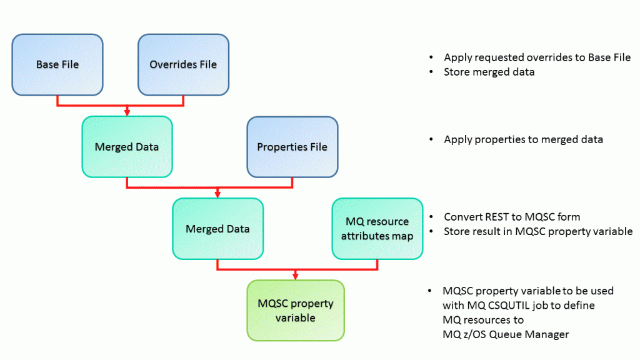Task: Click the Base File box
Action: click(x=57, y=64)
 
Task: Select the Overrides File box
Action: click(x=183, y=64)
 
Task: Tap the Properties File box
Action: click(x=292, y=147)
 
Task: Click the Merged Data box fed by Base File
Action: click(x=127, y=147)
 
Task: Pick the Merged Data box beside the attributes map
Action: click(x=217, y=229)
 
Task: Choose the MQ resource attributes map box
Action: click(x=377, y=229)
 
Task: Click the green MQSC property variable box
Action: click(x=296, y=310)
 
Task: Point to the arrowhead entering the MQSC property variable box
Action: click(x=296, y=276)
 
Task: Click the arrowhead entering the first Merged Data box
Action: click(x=127, y=112)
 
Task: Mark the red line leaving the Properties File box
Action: click(x=292, y=182)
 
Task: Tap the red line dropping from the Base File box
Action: click(x=57, y=101)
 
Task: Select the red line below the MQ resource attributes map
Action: click(x=377, y=264)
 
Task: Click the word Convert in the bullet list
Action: click(x=464, y=217)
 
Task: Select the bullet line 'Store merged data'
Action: click(x=490, y=72)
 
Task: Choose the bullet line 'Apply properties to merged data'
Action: click(x=523, y=139)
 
